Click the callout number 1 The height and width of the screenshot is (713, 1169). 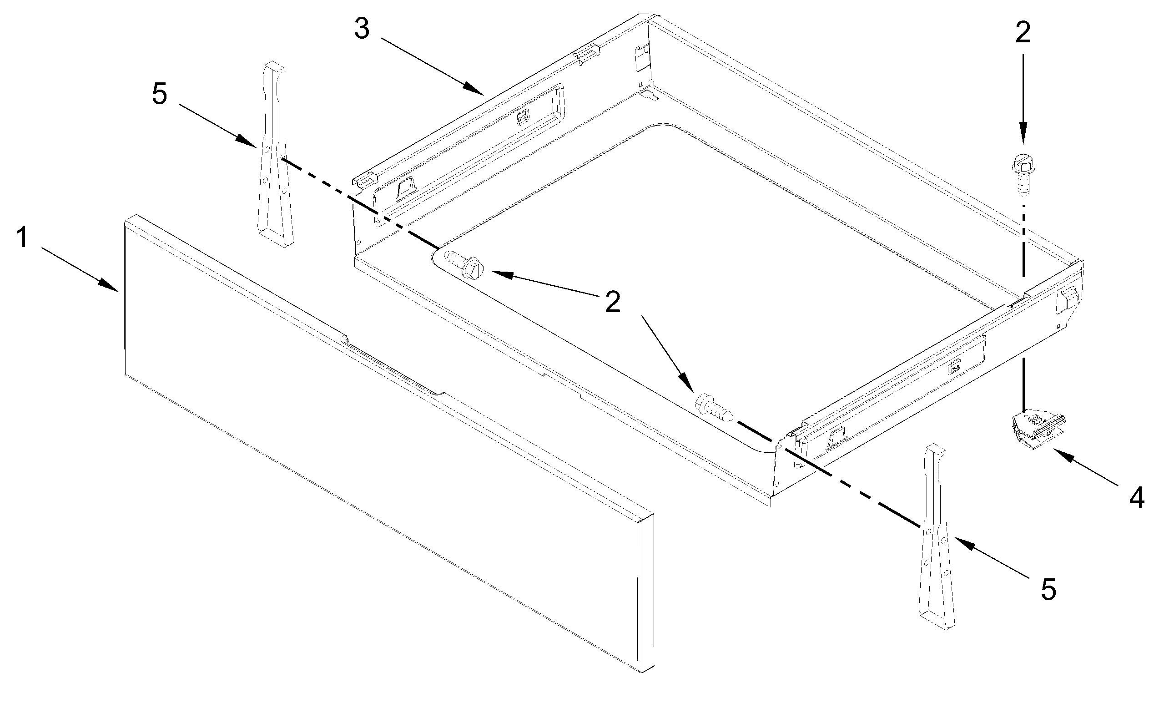click(x=22, y=238)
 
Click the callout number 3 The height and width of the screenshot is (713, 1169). click(x=362, y=30)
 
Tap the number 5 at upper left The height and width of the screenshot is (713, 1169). click(x=159, y=94)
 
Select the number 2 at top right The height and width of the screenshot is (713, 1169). click(x=1023, y=33)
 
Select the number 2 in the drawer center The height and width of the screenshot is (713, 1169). click(x=613, y=302)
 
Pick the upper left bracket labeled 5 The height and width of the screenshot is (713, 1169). click(x=274, y=157)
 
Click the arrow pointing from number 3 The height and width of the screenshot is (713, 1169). click(x=432, y=66)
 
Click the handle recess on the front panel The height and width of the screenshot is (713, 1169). click(x=394, y=368)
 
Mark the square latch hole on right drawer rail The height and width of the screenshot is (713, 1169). click(x=953, y=367)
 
